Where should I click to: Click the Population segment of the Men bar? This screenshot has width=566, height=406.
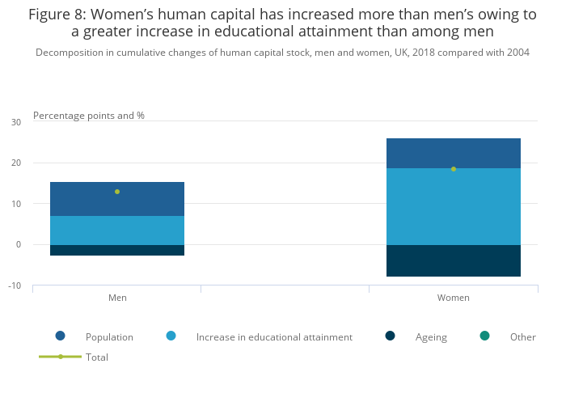(x=117, y=199)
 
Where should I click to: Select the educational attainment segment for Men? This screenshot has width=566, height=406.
(x=117, y=230)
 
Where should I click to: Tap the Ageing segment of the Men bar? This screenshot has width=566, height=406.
(x=117, y=250)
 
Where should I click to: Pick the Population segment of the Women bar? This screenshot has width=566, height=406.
(x=454, y=153)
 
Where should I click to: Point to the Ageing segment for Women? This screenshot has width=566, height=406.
(x=454, y=260)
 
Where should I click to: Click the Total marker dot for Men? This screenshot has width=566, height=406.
(x=117, y=192)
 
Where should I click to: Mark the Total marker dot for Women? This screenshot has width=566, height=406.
(x=454, y=169)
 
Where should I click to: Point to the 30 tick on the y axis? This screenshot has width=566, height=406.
(x=16, y=122)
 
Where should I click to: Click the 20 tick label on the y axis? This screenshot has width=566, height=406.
(x=16, y=163)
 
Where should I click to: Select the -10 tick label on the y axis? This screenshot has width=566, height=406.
(x=15, y=285)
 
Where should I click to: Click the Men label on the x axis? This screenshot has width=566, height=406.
(x=117, y=298)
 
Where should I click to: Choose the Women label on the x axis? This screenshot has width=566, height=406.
(x=454, y=298)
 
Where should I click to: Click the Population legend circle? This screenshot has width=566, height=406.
(x=60, y=336)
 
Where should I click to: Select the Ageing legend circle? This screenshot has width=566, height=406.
(x=391, y=336)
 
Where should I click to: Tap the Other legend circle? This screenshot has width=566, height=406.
(x=484, y=336)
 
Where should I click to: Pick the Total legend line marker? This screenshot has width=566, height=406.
(x=60, y=357)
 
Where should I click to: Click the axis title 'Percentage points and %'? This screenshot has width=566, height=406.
(x=89, y=116)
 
